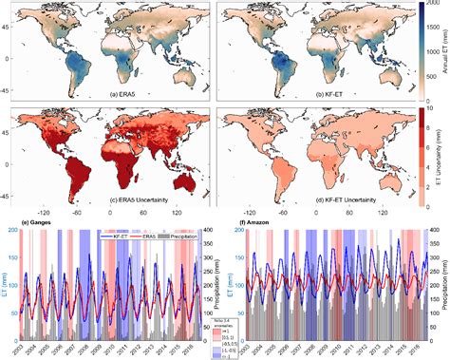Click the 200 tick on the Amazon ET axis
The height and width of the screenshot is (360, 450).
tap(237, 230)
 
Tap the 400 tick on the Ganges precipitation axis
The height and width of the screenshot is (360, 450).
tap(209, 230)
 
